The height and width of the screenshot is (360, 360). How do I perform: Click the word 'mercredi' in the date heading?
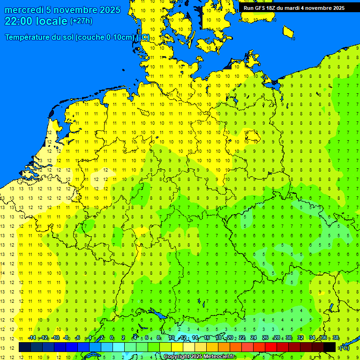(x=23, y=10)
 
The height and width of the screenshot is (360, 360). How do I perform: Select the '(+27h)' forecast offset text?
(x=81, y=21)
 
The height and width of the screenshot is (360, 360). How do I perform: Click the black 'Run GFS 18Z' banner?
(x=294, y=8)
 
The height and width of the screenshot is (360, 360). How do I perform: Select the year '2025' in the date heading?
(x=109, y=10)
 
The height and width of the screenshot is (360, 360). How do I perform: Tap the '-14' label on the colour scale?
(x=32, y=338)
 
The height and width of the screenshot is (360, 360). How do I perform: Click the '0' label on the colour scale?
(x=112, y=338)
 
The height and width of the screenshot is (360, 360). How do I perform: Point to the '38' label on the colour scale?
(x=336, y=338)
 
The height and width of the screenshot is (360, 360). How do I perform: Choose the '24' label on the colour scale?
(x=254, y=338)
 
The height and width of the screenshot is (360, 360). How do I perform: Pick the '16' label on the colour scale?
(x=207, y=338)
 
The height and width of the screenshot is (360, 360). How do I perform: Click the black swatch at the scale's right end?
(x=330, y=347)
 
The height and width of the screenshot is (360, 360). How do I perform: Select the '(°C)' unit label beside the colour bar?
(x=344, y=347)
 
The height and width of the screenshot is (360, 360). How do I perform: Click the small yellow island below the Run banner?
(x=288, y=32)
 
